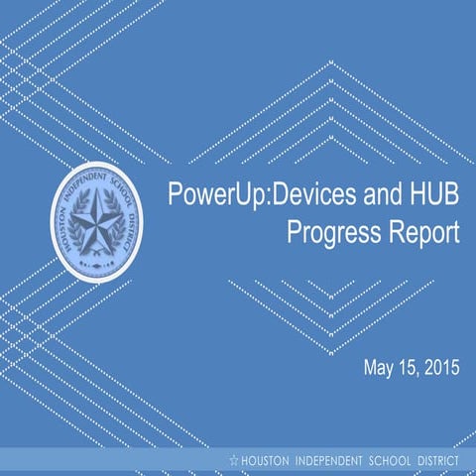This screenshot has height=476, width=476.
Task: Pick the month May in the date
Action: coord(382,369)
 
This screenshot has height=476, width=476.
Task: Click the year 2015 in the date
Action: coord(443,369)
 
